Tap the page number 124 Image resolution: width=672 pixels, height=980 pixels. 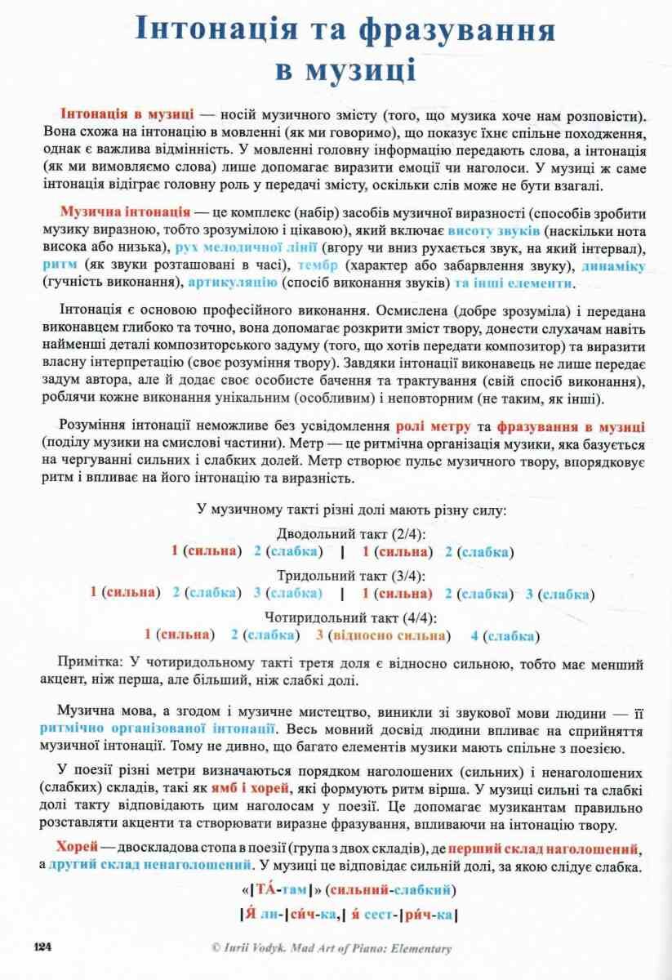[42, 947]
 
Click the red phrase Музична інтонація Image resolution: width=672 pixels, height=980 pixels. [126, 211]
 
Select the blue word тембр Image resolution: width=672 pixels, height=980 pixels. [318, 265]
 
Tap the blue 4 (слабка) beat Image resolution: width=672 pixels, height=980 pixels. [503, 635]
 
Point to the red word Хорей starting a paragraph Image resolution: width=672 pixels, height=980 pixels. [79, 846]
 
